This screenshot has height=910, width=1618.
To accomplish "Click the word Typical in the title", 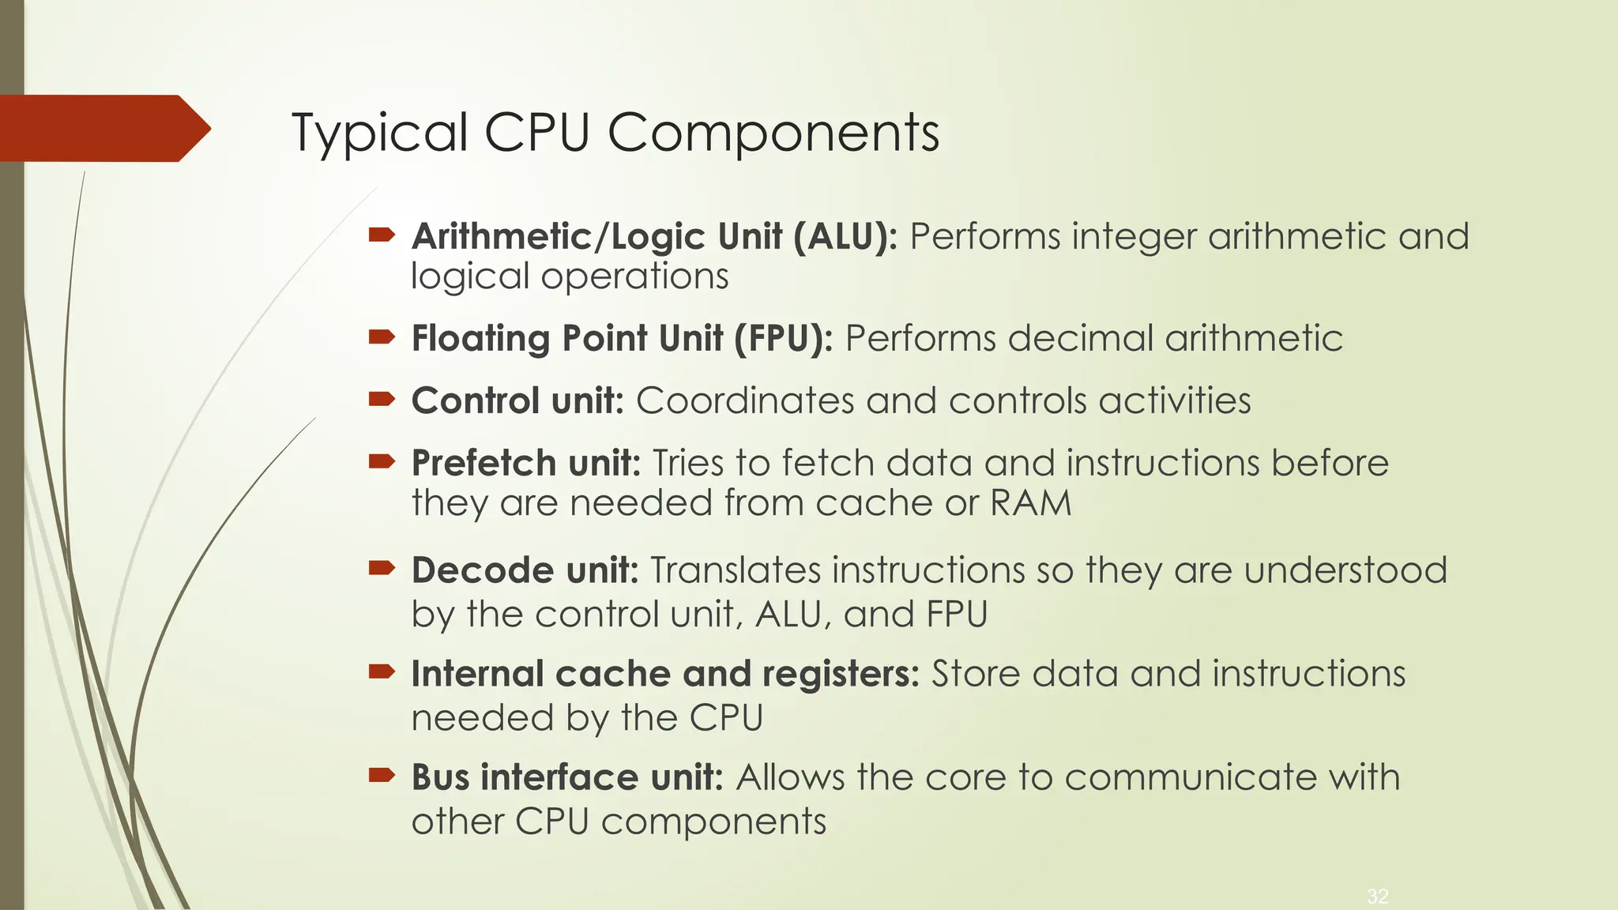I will [x=379, y=133].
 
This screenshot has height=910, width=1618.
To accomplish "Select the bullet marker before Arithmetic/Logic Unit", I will [x=382, y=234].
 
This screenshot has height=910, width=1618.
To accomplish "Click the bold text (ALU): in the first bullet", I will [x=845, y=236].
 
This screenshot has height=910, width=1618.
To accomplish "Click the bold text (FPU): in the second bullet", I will [x=783, y=338].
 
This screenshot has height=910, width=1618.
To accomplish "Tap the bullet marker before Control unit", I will [x=382, y=399].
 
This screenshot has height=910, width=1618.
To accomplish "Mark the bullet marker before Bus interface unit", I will [x=382, y=776].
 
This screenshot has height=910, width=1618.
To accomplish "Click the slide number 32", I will [x=1378, y=897].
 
